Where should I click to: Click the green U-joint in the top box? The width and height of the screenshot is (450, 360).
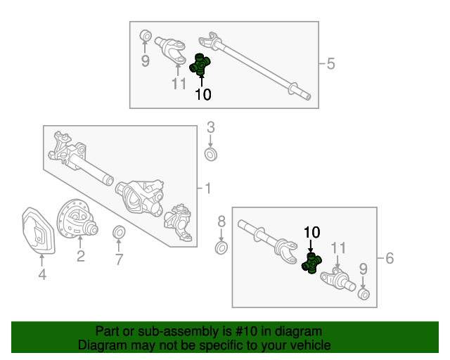pyautogui.click(x=200, y=65)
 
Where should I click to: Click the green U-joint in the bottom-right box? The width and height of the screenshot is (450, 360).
pyautogui.click(x=311, y=263)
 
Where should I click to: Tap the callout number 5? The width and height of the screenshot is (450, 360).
pyautogui.click(x=331, y=63)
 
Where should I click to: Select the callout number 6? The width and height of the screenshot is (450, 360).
pyautogui.click(x=390, y=258)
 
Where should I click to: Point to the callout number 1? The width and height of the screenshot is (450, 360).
pyautogui.click(x=208, y=188)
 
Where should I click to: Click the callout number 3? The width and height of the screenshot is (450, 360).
pyautogui.click(x=211, y=127)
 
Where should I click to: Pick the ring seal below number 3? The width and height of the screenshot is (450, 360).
pyautogui.click(x=211, y=155)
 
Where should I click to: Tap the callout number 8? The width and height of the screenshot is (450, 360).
pyautogui.click(x=221, y=221)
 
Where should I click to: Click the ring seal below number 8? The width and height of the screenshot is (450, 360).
pyautogui.click(x=221, y=248)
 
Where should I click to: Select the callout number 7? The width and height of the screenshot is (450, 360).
pyautogui.click(x=119, y=259)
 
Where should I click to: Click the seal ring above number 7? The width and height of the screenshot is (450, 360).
pyautogui.click(x=119, y=232)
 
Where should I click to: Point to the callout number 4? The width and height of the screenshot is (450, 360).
pyautogui.click(x=42, y=274)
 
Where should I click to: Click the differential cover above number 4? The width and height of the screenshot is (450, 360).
pyautogui.click(x=38, y=231)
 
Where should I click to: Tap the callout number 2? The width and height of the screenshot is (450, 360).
pyautogui.click(x=81, y=256)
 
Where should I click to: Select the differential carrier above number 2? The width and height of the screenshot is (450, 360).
pyautogui.click(x=77, y=218)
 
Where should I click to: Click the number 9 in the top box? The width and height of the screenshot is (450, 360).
pyautogui.click(x=146, y=61)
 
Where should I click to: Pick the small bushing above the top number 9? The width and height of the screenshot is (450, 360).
pyautogui.click(x=146, y=36)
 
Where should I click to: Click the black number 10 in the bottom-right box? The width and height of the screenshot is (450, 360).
pyautogui.click(x=311, y=232)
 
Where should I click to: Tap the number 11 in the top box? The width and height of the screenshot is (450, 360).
pyautogui.click(x=179, y=84)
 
